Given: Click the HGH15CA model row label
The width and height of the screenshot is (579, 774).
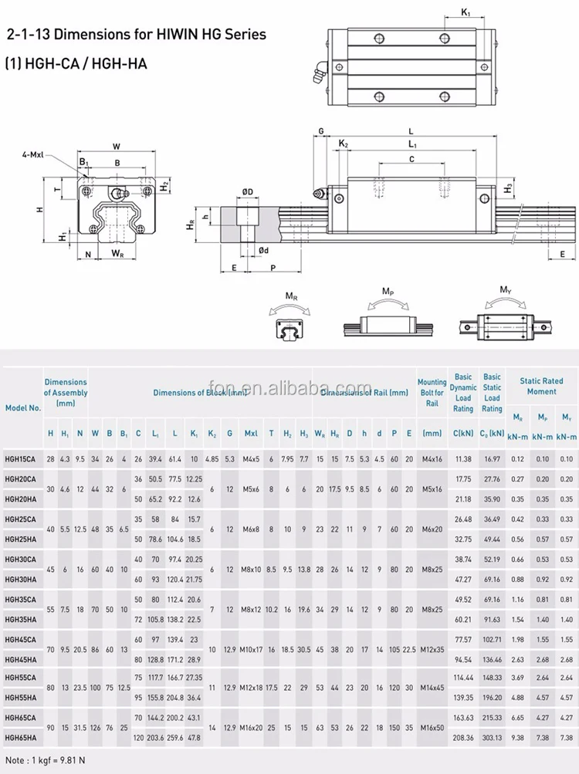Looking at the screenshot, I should (22, 458).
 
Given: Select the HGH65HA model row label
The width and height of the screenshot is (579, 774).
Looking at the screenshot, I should (22, 738).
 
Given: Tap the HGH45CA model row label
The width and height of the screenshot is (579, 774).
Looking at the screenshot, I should (22, 639).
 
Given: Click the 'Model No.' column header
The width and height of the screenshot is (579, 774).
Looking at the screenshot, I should (23, 407).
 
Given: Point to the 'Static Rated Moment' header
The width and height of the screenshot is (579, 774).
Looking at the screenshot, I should (541, 386).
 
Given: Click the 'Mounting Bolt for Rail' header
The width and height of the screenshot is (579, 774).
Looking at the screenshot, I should (432, 392).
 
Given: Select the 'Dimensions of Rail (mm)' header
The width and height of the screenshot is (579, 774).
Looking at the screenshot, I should (364, 393).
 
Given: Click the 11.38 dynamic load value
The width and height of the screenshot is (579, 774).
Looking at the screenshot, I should (463, 458).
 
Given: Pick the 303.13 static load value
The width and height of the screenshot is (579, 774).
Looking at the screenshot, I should (492, 738).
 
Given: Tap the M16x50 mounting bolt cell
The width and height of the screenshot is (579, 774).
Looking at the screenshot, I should (432, 728).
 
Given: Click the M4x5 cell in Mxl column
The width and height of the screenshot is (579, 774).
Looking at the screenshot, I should (251, 458).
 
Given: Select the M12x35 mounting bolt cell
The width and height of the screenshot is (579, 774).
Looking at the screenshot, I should (432, 649).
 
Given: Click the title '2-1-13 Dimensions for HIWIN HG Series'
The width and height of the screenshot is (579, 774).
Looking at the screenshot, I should (136, 34).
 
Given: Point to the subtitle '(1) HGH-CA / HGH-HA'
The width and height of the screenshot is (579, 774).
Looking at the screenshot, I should (76, 64).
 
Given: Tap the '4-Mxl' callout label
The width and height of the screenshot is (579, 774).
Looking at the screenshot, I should (32, 154).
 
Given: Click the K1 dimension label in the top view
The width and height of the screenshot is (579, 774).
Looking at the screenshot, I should (466, 12).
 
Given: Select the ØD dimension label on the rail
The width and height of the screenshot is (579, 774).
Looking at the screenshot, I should (247, 191).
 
